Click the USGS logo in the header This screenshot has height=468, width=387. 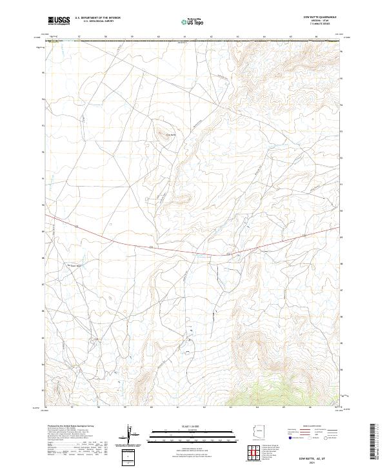(59, 21)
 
